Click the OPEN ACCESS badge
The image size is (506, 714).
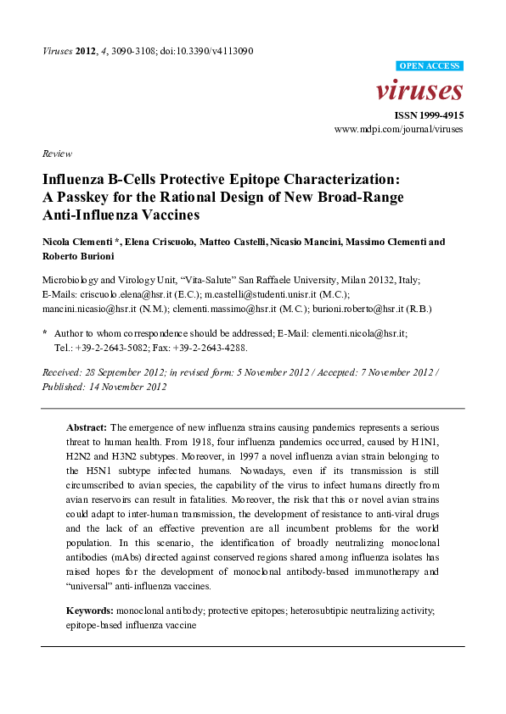(x=430, y=65)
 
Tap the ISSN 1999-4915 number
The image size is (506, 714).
(x=428, y=115)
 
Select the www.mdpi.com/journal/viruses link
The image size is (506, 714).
(x=399, y=130)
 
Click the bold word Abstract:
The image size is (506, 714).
(x=87, y=427)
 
